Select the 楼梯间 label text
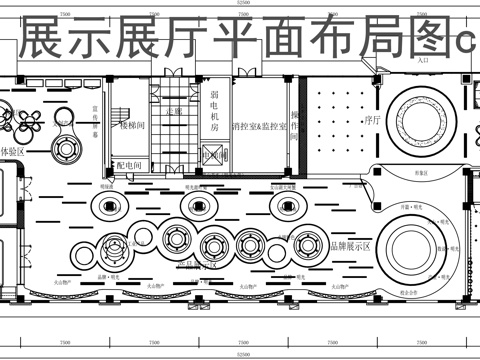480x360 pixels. (x=132, y=128)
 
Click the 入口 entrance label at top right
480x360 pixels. (x=423, y=61)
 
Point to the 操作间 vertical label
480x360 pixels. (x=296, y=124)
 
